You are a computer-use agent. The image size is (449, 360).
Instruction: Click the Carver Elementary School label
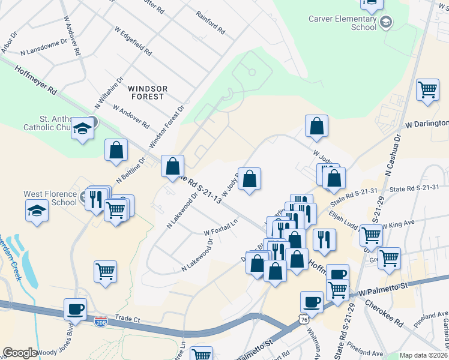[342, 23]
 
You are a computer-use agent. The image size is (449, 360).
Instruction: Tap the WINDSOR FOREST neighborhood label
[146, 92]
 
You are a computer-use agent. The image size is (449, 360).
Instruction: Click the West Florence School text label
[50, 198]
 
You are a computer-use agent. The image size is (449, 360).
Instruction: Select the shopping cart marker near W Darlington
[427, 91]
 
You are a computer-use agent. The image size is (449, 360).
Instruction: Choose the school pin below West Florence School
[37, 212]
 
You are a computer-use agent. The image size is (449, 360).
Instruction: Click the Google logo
[20, 353]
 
